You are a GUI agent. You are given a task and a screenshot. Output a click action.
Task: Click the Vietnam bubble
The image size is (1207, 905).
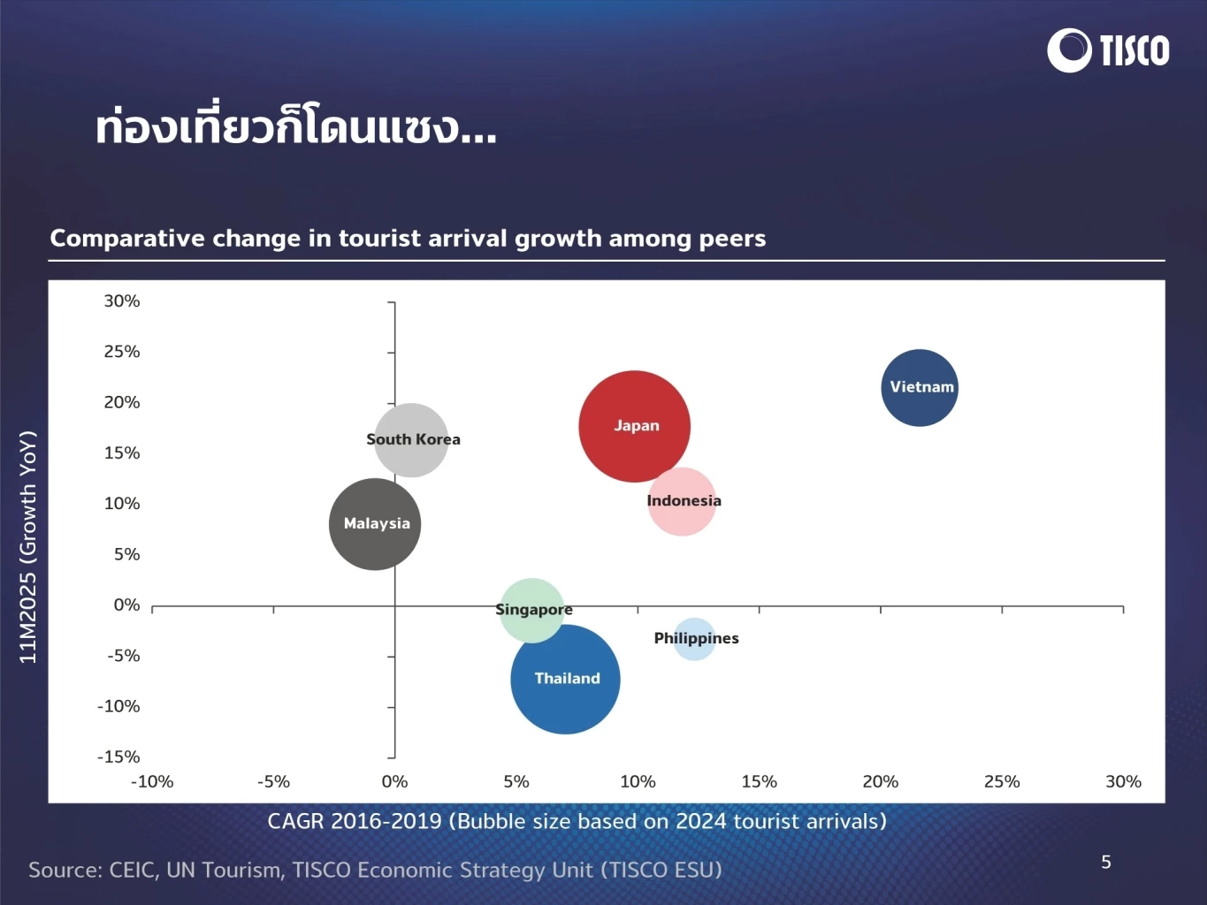tap(920, 387)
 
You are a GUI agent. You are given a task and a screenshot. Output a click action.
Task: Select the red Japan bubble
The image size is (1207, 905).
tap(634, 426)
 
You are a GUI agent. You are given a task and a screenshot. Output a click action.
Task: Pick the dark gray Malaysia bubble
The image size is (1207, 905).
tap(375, 524)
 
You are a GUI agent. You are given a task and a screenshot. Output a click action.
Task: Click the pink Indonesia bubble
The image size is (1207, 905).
tap(682, 501)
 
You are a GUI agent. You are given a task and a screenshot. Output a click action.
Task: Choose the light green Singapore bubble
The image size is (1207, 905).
tap(531, 610)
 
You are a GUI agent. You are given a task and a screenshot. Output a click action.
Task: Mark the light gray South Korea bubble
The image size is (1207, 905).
tap(411, 440)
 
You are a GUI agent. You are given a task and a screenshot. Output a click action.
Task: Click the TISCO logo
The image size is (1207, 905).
tap(1108, 50)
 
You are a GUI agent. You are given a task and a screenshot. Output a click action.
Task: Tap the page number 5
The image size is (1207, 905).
tap(1105, 862)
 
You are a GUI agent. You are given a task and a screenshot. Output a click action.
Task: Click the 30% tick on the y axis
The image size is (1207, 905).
tap(122, 301)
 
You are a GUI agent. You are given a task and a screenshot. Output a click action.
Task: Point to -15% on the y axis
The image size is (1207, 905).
tap(118, 757)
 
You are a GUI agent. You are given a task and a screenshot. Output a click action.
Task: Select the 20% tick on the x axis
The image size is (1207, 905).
tap(880, 781)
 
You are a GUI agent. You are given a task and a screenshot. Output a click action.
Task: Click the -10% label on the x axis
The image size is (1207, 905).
tap(152, 781)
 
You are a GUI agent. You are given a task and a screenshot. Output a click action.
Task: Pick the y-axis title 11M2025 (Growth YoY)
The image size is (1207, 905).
tap(28, 547)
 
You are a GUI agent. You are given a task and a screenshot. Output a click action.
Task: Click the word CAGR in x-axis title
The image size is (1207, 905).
tap(294, 821)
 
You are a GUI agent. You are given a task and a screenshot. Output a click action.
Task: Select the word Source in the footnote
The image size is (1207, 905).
tap(65, 870)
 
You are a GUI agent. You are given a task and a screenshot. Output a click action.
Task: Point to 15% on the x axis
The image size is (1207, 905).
tap(759, 781)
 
